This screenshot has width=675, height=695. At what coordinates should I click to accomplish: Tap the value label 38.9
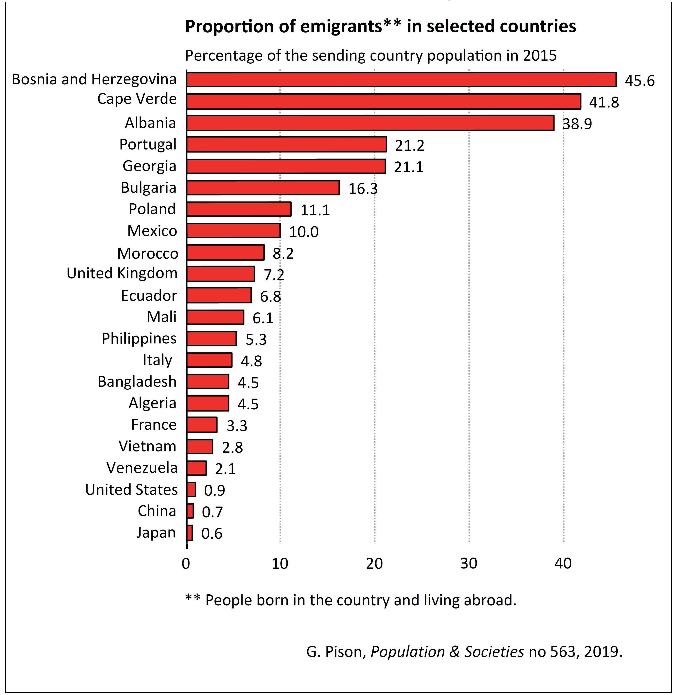577,124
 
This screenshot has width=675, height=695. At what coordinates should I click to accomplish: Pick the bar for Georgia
286,166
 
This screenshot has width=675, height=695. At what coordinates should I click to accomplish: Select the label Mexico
152,231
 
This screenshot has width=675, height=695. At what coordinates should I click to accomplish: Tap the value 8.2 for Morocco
283,253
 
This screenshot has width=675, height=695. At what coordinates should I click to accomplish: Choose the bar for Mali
215,317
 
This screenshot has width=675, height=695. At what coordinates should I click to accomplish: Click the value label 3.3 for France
237,425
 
